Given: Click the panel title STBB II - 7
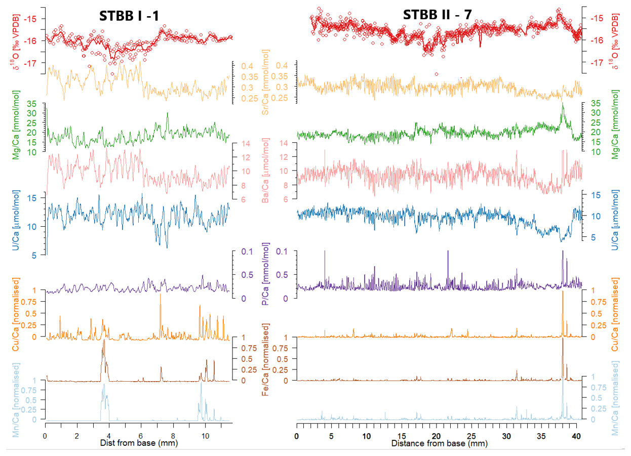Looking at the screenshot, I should (438, 15).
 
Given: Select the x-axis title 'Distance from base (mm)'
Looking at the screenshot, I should (439, 444).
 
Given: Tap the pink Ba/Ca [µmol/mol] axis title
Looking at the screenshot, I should (266, 171).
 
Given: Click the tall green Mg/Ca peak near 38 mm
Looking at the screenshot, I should (562, 105).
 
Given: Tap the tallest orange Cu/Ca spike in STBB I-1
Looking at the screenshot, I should (161, 295).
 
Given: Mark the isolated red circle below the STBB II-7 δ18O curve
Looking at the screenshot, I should (436, 74).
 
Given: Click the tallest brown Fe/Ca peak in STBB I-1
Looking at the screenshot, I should (103, 341).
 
